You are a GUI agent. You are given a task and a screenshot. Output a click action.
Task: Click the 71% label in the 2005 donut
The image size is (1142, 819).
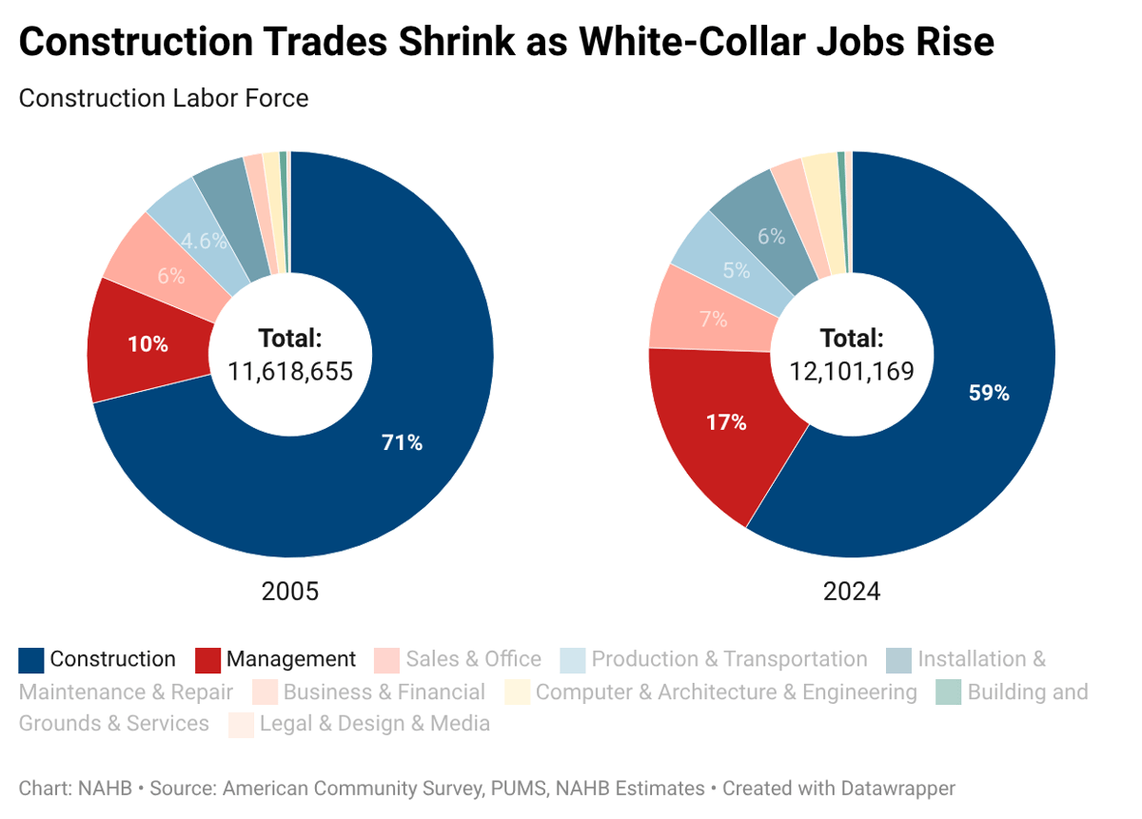tap(402, 442)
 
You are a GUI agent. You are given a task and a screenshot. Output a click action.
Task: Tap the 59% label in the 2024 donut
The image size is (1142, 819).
tap(989, 393)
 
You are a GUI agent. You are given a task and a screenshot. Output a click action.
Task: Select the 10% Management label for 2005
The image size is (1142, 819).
tap(148, 344)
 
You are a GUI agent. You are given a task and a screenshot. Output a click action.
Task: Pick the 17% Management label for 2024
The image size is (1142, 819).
tap(726, 422)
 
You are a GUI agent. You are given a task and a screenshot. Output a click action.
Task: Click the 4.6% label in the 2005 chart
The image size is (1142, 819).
tap(203, 242)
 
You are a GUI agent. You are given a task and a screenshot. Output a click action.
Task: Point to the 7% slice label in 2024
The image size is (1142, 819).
tap(714, 320)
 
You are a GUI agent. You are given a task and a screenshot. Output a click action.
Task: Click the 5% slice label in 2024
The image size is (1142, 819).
tap(736, 270)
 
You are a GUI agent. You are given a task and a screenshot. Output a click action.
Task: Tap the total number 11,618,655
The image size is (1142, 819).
tap(290, 371)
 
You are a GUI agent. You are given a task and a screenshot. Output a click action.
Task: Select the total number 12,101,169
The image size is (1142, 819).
tap(852, 371)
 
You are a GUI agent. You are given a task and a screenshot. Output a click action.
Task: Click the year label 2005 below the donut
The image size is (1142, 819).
tap(290, 592)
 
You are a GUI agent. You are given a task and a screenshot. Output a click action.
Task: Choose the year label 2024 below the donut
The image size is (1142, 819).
tap(852, 592)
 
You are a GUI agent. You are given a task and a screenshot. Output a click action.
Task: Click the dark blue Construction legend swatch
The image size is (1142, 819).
tap(31, 660)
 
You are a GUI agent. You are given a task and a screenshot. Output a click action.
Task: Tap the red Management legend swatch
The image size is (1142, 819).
tap(208, 660)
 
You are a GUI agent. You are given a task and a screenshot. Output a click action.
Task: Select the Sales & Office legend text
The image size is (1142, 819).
tap(473, 659)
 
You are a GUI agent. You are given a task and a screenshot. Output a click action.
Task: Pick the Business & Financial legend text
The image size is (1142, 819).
tap(384, 692)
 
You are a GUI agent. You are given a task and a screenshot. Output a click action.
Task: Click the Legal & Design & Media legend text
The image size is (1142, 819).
tap(374, 724)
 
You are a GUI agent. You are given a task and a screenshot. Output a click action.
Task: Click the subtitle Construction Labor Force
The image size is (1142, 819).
tap(163, 98)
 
